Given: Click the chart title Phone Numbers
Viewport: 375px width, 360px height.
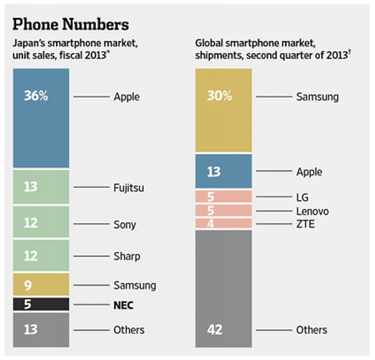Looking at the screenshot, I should (x=70, y=25).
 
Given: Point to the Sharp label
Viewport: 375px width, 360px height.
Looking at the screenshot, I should (x=127, y=256).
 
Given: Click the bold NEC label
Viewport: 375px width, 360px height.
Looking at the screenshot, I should (x=123, y=305).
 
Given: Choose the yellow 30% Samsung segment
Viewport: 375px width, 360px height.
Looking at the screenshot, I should (x=223, y=110).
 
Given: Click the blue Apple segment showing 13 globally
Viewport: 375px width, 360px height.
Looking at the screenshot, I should (x=223, y=171).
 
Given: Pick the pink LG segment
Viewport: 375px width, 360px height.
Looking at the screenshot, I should (x=223, y=197).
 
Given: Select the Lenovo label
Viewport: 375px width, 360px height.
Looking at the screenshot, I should (x=312, y=211).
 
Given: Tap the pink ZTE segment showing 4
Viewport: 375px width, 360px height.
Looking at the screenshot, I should (x=223, y=223).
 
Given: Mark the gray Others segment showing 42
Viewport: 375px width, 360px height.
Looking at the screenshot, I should (x=223, y=288).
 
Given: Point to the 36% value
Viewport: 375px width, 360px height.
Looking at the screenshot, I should (x=36, y=96).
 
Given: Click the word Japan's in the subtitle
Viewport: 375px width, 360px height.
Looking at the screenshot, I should (x=28, y=43).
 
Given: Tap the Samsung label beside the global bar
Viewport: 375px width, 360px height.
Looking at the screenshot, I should (x=317, y=96).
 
